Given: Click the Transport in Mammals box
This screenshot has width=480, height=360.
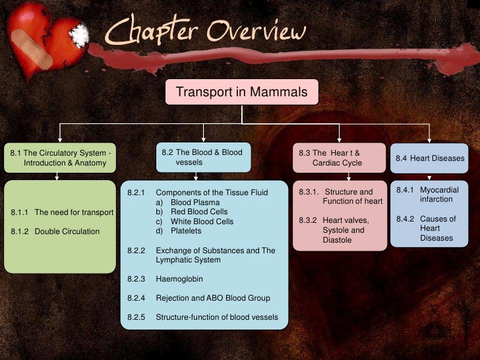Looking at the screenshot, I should coord(241,92).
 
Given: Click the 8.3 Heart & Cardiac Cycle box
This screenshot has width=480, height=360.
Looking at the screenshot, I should coord(339,158).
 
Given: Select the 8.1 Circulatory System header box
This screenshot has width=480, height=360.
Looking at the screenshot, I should coord(60,158).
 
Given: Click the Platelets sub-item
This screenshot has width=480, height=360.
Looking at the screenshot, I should coord(186,231).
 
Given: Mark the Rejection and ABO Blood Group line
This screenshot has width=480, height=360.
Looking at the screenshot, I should coord(212,298).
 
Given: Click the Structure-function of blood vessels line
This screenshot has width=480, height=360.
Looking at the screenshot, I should coord(216,317).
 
